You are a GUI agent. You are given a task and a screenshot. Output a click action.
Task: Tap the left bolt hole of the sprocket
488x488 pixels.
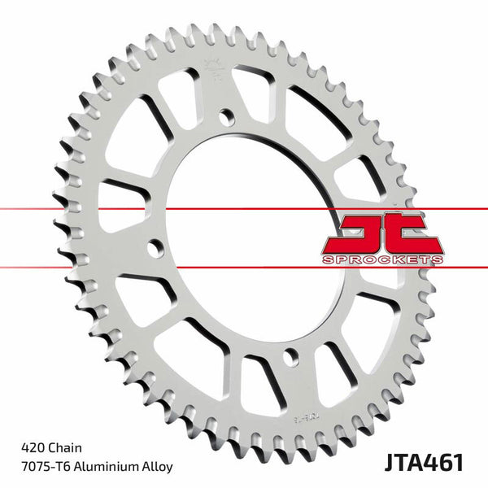(151, 246)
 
